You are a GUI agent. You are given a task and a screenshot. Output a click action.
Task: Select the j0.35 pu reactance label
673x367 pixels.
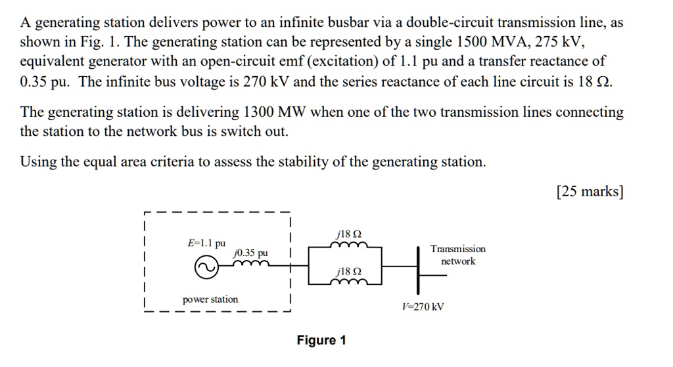(251, 253)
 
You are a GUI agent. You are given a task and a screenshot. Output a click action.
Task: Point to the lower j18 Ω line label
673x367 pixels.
(348, 271)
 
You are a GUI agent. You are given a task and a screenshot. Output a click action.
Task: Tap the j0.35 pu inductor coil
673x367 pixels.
(251, 264)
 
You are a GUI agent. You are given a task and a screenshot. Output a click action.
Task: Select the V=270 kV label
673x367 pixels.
(423, 307)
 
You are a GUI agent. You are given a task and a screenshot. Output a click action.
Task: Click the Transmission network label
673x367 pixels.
(458, 255)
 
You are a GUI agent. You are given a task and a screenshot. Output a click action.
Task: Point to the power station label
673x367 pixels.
(210, 299)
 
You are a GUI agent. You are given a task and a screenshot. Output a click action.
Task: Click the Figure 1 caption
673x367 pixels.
(321, 340)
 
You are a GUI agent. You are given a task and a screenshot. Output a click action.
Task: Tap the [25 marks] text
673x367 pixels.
(590, 192)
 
